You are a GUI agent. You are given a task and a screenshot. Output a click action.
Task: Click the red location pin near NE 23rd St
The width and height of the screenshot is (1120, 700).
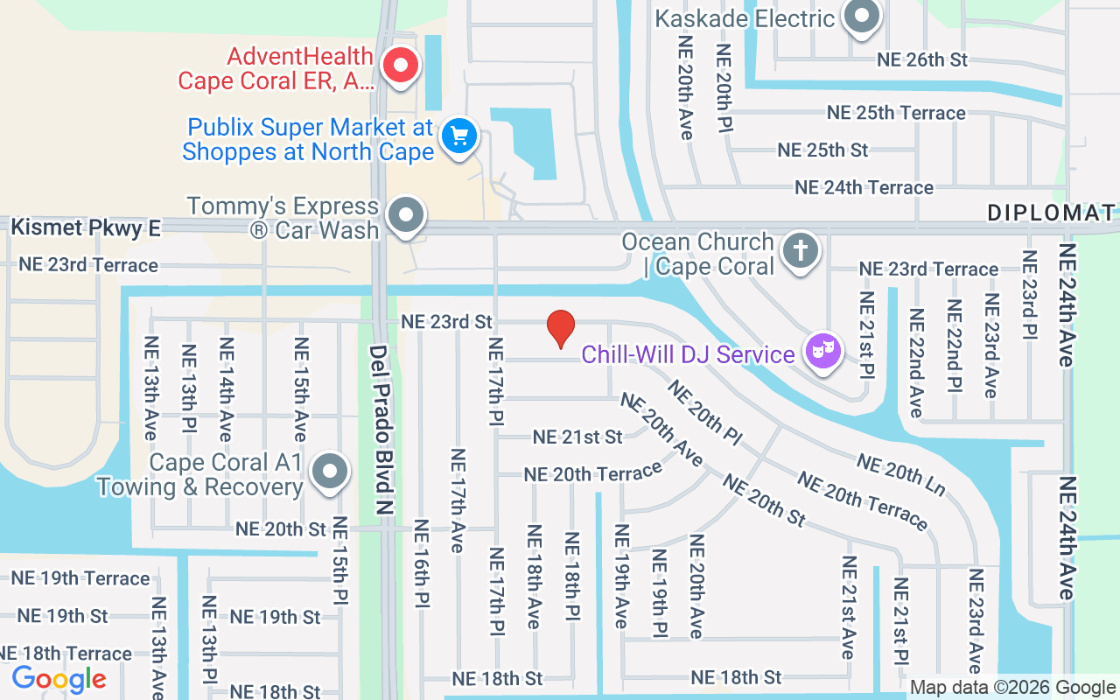[x=560, y=327]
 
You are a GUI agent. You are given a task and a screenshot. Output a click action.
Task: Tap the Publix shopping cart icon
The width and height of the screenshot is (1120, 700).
[x=459, y=137]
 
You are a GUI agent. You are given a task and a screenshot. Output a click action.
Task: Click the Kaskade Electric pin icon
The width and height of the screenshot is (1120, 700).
[x=862, y=17]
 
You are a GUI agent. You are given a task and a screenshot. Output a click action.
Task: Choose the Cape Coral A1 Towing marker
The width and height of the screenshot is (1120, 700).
[x=330, y=472]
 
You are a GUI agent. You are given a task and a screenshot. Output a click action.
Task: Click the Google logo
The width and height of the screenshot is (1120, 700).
[x=59, y=678]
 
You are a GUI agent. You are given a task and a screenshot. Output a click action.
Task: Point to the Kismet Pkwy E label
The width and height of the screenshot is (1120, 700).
[x=86, y=228]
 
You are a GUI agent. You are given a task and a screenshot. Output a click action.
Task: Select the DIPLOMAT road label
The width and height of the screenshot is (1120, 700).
[x=1052, y=213]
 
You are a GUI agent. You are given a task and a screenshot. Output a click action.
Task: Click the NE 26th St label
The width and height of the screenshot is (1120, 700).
[x=922, y=59]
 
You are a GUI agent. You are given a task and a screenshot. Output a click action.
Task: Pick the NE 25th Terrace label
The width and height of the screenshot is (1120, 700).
[x=896, y=113]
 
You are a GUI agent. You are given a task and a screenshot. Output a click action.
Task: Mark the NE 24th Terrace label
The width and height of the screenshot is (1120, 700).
[x=864, y=187]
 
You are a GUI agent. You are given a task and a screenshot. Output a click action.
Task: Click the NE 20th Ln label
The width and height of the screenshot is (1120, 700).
[x=901, y=474]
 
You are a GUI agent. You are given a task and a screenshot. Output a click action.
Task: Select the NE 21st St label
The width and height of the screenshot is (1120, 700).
[x=577, y=436]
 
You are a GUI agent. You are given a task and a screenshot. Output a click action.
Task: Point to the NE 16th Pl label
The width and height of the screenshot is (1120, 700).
[x=421, y=564]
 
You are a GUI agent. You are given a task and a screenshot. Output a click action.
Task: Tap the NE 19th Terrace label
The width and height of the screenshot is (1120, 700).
[x=80, y=578]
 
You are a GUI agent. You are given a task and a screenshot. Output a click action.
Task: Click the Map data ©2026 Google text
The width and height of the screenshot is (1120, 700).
[x=1012, y=688]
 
